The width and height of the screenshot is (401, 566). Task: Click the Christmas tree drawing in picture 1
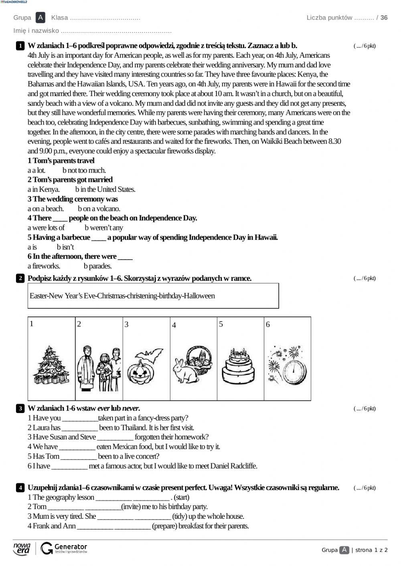click(x=51, y=365)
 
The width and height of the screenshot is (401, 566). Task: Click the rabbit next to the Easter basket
click(x=184, y=371)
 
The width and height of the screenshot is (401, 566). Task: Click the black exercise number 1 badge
click(x=20, y=46)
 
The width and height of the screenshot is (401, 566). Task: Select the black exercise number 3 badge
click(x=20, y=409)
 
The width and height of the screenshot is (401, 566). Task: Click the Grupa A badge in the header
click(x=40, y=18)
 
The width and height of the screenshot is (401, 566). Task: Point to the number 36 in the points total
click(x=384, y=18)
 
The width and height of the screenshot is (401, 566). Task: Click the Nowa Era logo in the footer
click(x=22, y=549)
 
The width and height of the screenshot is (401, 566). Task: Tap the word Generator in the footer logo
click(x=71, y=547)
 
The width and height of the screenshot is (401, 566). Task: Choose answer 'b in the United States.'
click(x=105, y=189)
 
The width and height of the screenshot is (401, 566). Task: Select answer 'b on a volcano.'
click(x=99, y=209)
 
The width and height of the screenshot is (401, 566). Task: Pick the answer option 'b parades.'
click(x=97, y=266)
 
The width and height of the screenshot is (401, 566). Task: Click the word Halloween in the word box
click(x=199, y=296)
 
